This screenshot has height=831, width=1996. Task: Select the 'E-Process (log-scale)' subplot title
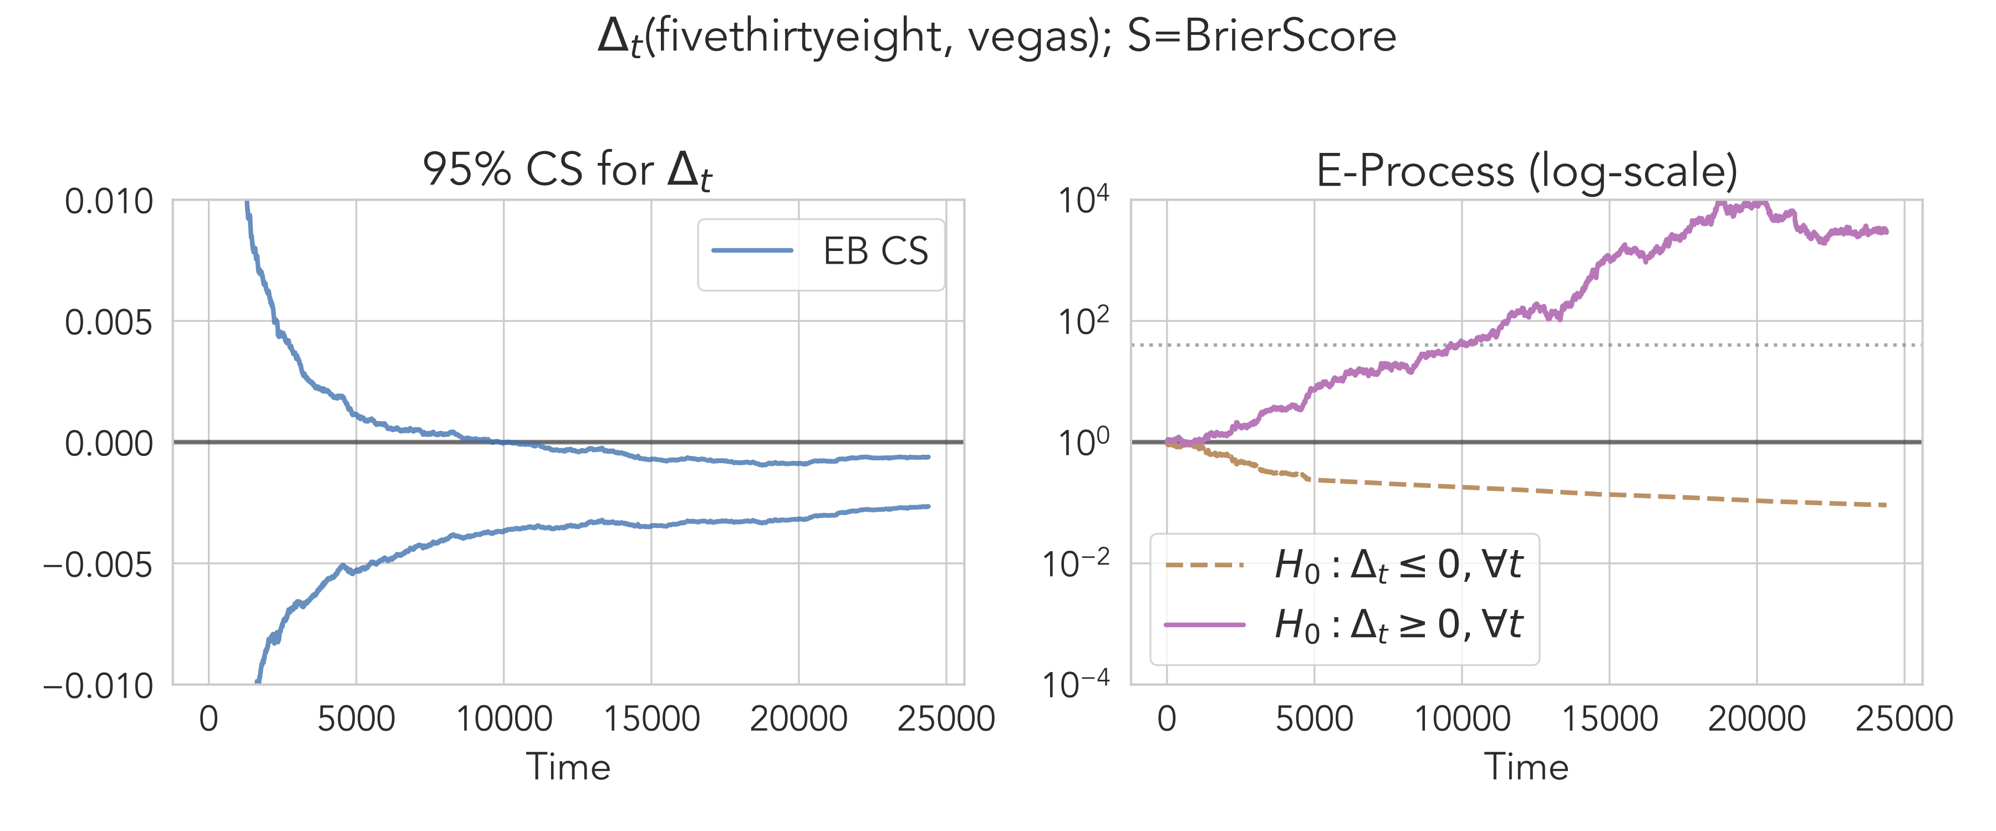tap(1526, 171)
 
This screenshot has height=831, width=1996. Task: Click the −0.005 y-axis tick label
tap(98, 565)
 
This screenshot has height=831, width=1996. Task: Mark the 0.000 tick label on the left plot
tap(109, 444)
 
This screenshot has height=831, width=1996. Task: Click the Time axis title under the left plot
tap(568, 767)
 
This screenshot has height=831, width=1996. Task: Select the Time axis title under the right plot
tap(1526, 767)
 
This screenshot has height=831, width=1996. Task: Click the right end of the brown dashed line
tap(1885, 505)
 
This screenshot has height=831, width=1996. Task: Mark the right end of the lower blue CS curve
tap(928, 506)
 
